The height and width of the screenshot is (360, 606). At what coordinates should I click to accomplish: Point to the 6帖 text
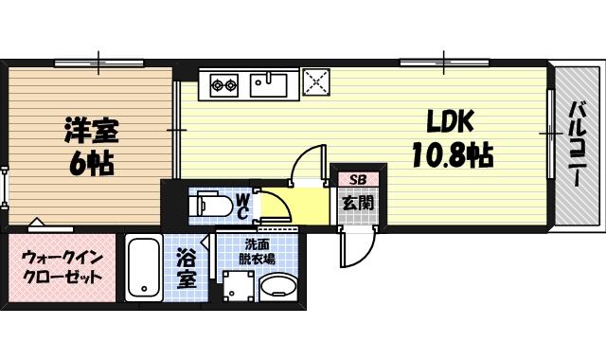coord(91,163)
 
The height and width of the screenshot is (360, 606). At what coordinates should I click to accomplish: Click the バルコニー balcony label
coord(575,142)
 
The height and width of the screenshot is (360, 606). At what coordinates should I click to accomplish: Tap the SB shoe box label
coord(358,179)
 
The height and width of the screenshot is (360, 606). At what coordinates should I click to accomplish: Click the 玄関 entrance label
coord(358,203)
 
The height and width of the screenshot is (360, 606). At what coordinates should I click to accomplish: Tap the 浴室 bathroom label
coord(186,268)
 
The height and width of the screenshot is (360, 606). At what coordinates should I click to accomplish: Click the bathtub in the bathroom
coord(144,269)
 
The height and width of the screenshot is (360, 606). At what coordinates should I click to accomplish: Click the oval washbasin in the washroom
coord(277,287)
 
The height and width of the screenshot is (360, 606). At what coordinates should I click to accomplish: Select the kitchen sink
coord(269,85)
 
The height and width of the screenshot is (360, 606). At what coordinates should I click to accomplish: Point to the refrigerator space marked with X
coord(314,82)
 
